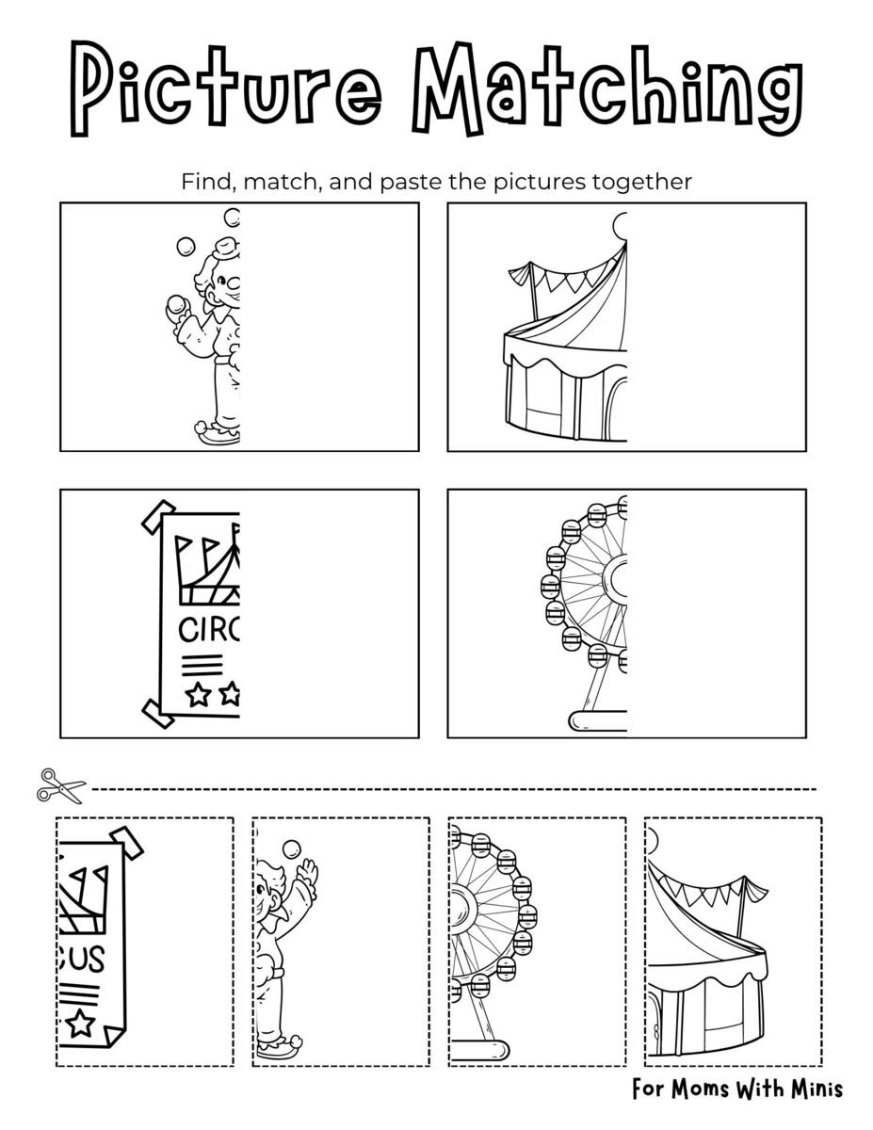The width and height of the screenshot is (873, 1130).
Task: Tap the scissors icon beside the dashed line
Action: pos(60,783)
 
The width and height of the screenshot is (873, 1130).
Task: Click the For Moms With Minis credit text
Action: pos(737,1090)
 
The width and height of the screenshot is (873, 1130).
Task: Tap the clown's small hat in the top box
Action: pos(225,249)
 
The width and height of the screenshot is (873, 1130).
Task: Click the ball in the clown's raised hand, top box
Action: pos(174,304)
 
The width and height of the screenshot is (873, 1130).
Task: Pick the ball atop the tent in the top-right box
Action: pos(620,226)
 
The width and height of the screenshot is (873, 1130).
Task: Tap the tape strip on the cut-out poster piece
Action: pos(126,842)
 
